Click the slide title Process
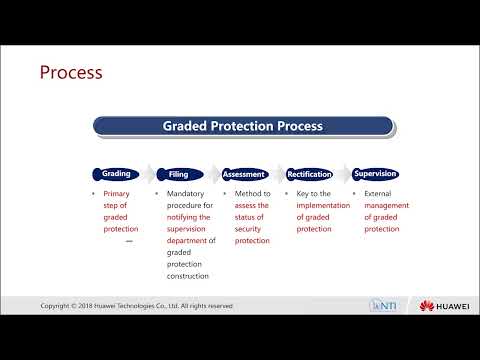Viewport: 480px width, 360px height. [70, 72]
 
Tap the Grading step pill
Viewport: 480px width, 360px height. [117, 173]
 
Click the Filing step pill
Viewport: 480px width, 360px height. [181, 173]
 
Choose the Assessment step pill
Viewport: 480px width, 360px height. [244, 173]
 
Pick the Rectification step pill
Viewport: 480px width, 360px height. [310, 173]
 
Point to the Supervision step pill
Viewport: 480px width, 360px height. [375, 173]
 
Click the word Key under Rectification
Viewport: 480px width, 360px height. [304, 193]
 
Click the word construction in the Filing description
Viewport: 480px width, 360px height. [192, 276]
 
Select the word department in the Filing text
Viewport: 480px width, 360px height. [188, 240]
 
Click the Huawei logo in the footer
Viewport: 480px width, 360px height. [443, 305]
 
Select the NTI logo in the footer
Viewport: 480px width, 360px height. [385, 305]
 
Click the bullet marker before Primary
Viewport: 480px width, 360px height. [95, 193]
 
